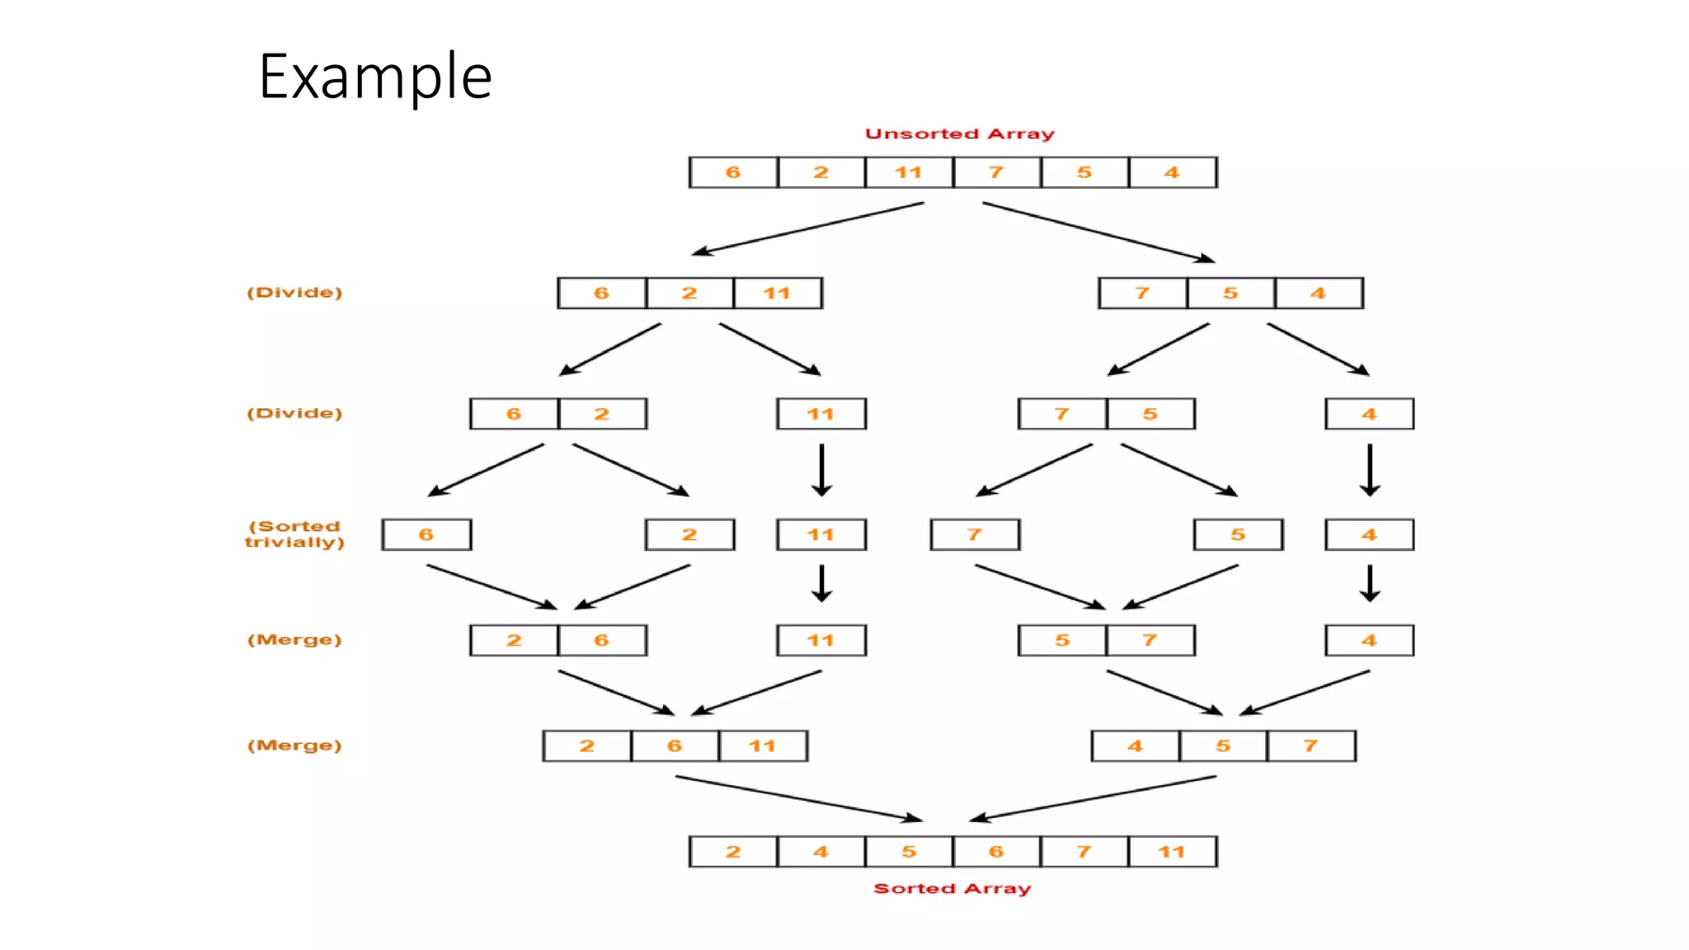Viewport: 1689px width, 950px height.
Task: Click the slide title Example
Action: (x=375, y=76)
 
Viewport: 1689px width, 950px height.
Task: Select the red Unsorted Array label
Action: (x=959, y=134)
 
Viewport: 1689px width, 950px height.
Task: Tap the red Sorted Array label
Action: (x=952, y=888)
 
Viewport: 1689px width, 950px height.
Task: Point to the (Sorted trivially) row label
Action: (x=294, y=534)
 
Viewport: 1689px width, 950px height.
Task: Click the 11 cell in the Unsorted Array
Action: (x=909, y=172)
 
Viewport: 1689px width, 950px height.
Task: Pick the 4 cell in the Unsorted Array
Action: (x=1172, y=172)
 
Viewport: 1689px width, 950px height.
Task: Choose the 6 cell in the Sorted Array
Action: (x=996, y=852)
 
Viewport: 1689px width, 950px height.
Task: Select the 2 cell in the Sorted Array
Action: (x=733, y=852)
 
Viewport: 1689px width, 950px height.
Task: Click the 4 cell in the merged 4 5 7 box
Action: (x=1136, y=746)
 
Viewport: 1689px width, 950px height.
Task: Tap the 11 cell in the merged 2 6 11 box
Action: (x=762, y=746)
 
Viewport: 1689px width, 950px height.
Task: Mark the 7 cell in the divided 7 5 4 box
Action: (x=1142, y=294)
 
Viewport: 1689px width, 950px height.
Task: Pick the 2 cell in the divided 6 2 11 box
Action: (x=689, y=294)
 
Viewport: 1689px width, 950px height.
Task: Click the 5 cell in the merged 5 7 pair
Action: (x=1062, y=641)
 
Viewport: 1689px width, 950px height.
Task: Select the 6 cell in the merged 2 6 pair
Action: (x=601, y=641)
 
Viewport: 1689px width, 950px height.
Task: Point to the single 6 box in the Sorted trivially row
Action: (x=426, y=534)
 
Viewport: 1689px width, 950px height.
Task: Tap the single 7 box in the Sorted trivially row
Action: (x=975, y=534)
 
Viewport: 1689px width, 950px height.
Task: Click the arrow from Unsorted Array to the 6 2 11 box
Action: (x=808, y=228)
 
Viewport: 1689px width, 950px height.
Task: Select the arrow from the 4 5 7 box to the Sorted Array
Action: (x=1093, y=798)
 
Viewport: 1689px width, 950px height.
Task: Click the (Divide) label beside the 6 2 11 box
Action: (x=294, y=293)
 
